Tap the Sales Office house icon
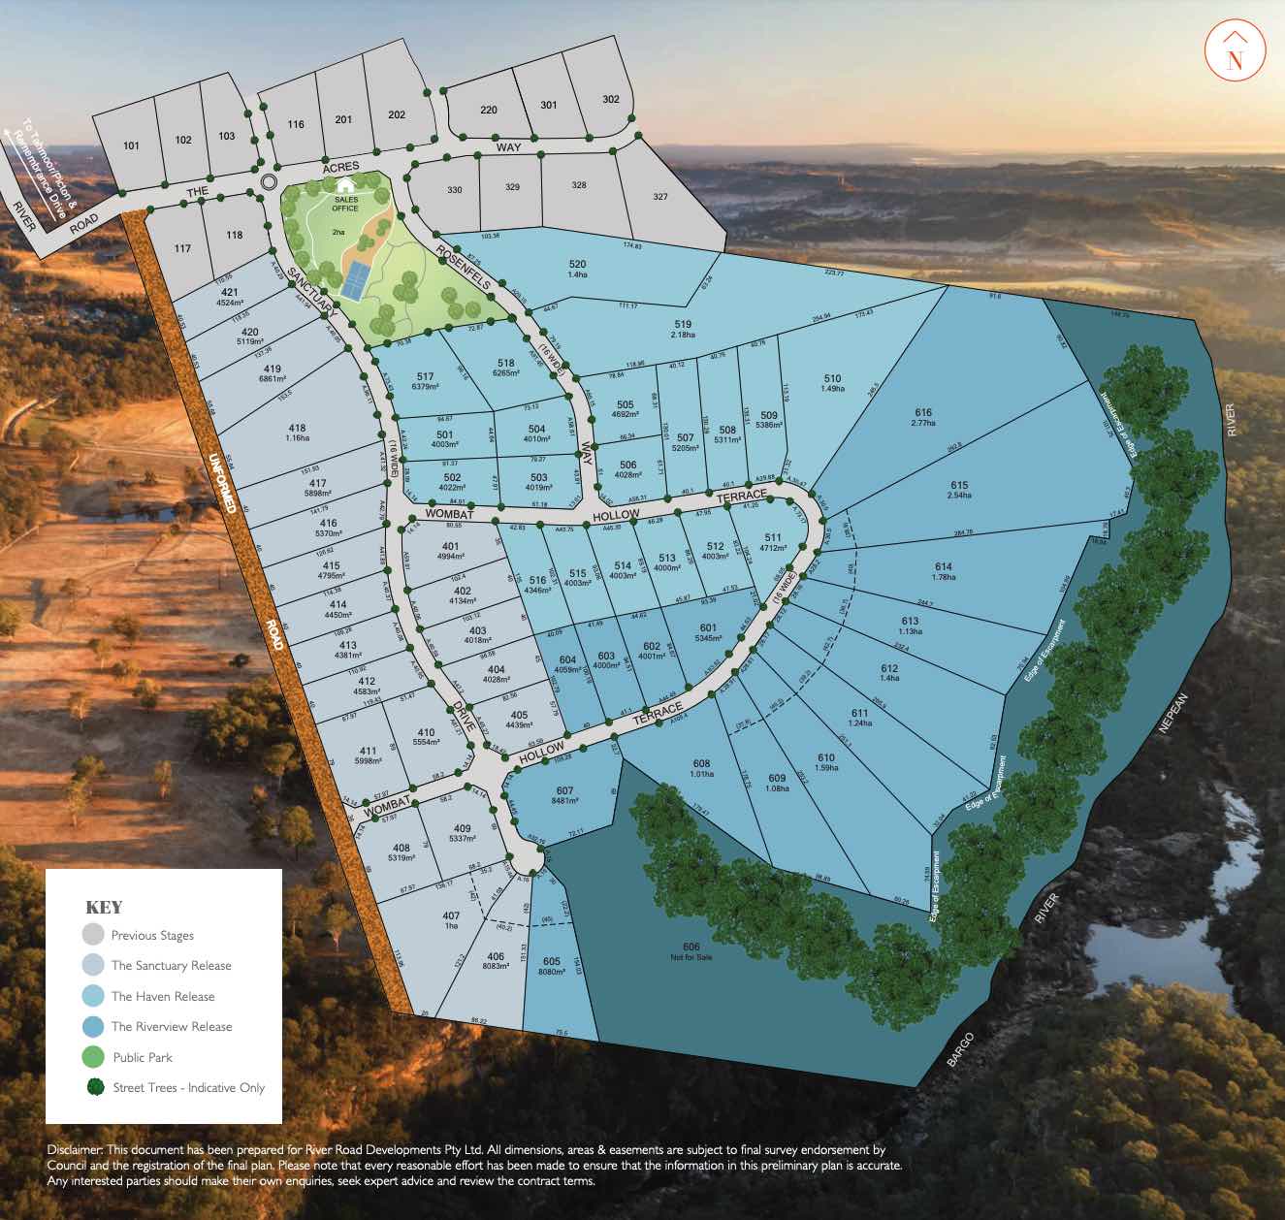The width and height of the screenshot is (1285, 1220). (x=345, y=185)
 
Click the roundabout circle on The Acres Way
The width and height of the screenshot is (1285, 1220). (x=269, y=181)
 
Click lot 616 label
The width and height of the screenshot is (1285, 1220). (x=922, y=417)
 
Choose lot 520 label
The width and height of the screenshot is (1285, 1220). (x=577, y=269)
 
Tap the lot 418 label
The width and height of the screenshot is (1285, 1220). (x=297, y=433)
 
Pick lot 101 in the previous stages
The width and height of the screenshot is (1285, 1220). (x=132, y=145)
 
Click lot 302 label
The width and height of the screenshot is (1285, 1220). (x=610, y=99)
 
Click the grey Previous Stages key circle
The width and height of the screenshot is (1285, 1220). (x=92, y=935)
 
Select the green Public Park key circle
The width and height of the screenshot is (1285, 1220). (x=92, y=1057)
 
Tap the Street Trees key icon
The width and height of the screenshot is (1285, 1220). (x=92, y=1087)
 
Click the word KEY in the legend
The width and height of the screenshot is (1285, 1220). (x=105, y=908)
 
